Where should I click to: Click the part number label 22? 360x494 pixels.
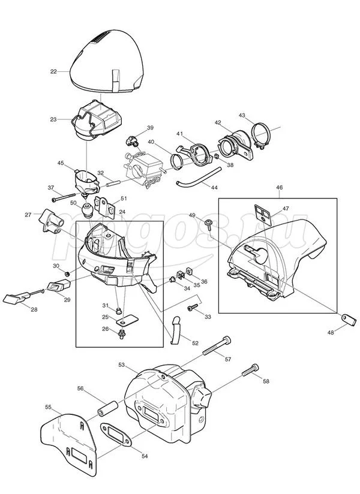tap(53, 71)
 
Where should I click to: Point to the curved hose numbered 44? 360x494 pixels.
tap(194, 175)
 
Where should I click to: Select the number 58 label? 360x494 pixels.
tap(266, 381)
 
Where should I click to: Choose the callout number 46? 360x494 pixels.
tap(280, 188)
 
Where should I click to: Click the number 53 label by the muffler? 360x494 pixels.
tap(121, 364)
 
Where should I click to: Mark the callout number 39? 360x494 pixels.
tap(150, 127)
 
